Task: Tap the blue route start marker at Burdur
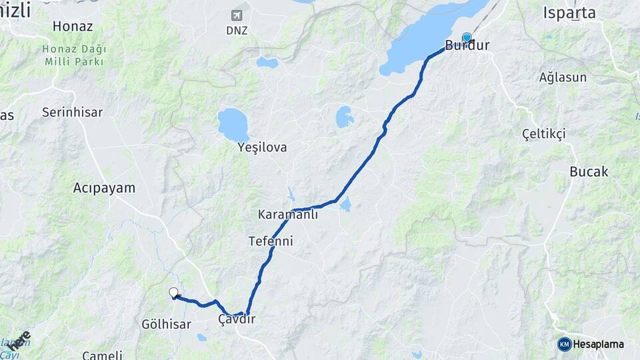[x=467, y=37]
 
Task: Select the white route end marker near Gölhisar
[x=174, y=292]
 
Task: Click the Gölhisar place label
[x=166, y=325]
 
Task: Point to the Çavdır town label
[x=237, y=320]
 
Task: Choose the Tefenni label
[x=270, y=241]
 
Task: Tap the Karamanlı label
[x=288, y=215]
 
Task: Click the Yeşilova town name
[x=262, y=147]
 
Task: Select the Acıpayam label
[x=104, y=188]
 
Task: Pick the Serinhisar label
[x=72, y=112]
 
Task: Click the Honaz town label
[x=71, y=27]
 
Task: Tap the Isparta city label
[x=569, y=13]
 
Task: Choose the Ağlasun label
[x=563, y=77]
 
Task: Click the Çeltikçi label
[x=544, y=133]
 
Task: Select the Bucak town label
[x=589, y=171]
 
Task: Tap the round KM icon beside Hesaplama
[x=564, y=344]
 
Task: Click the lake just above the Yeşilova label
[x=233, y=124]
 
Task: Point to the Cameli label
[x=102, y=355]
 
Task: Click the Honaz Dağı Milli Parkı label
[x=73, y=55]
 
